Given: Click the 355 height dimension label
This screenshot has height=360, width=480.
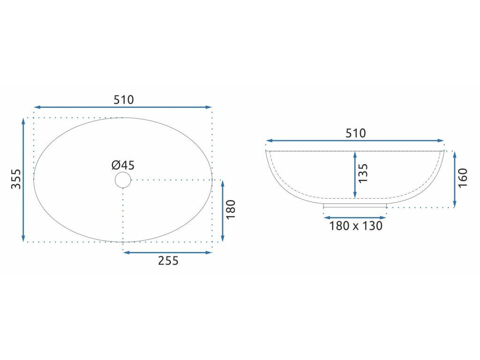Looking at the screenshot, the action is click(x=16, y=179).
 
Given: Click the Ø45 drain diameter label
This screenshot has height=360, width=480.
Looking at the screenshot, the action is click(x=123, y=165).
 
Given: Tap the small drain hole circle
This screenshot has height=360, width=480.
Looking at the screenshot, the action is click(x=123, y=180).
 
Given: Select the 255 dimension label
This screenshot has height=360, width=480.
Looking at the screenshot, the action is click(x=168, y=261).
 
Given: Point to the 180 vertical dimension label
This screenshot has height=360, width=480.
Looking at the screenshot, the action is click(x=231, y=209).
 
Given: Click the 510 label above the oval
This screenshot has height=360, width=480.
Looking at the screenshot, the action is click(x=124, y=100).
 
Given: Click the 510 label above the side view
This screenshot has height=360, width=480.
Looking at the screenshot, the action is click(x=355, y=133).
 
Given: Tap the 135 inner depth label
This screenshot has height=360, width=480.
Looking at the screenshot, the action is click(x=363, y=173).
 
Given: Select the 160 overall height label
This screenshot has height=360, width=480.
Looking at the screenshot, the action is click(x=463, y=178).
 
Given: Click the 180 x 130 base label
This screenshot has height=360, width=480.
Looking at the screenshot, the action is click(x=356, y=226).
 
